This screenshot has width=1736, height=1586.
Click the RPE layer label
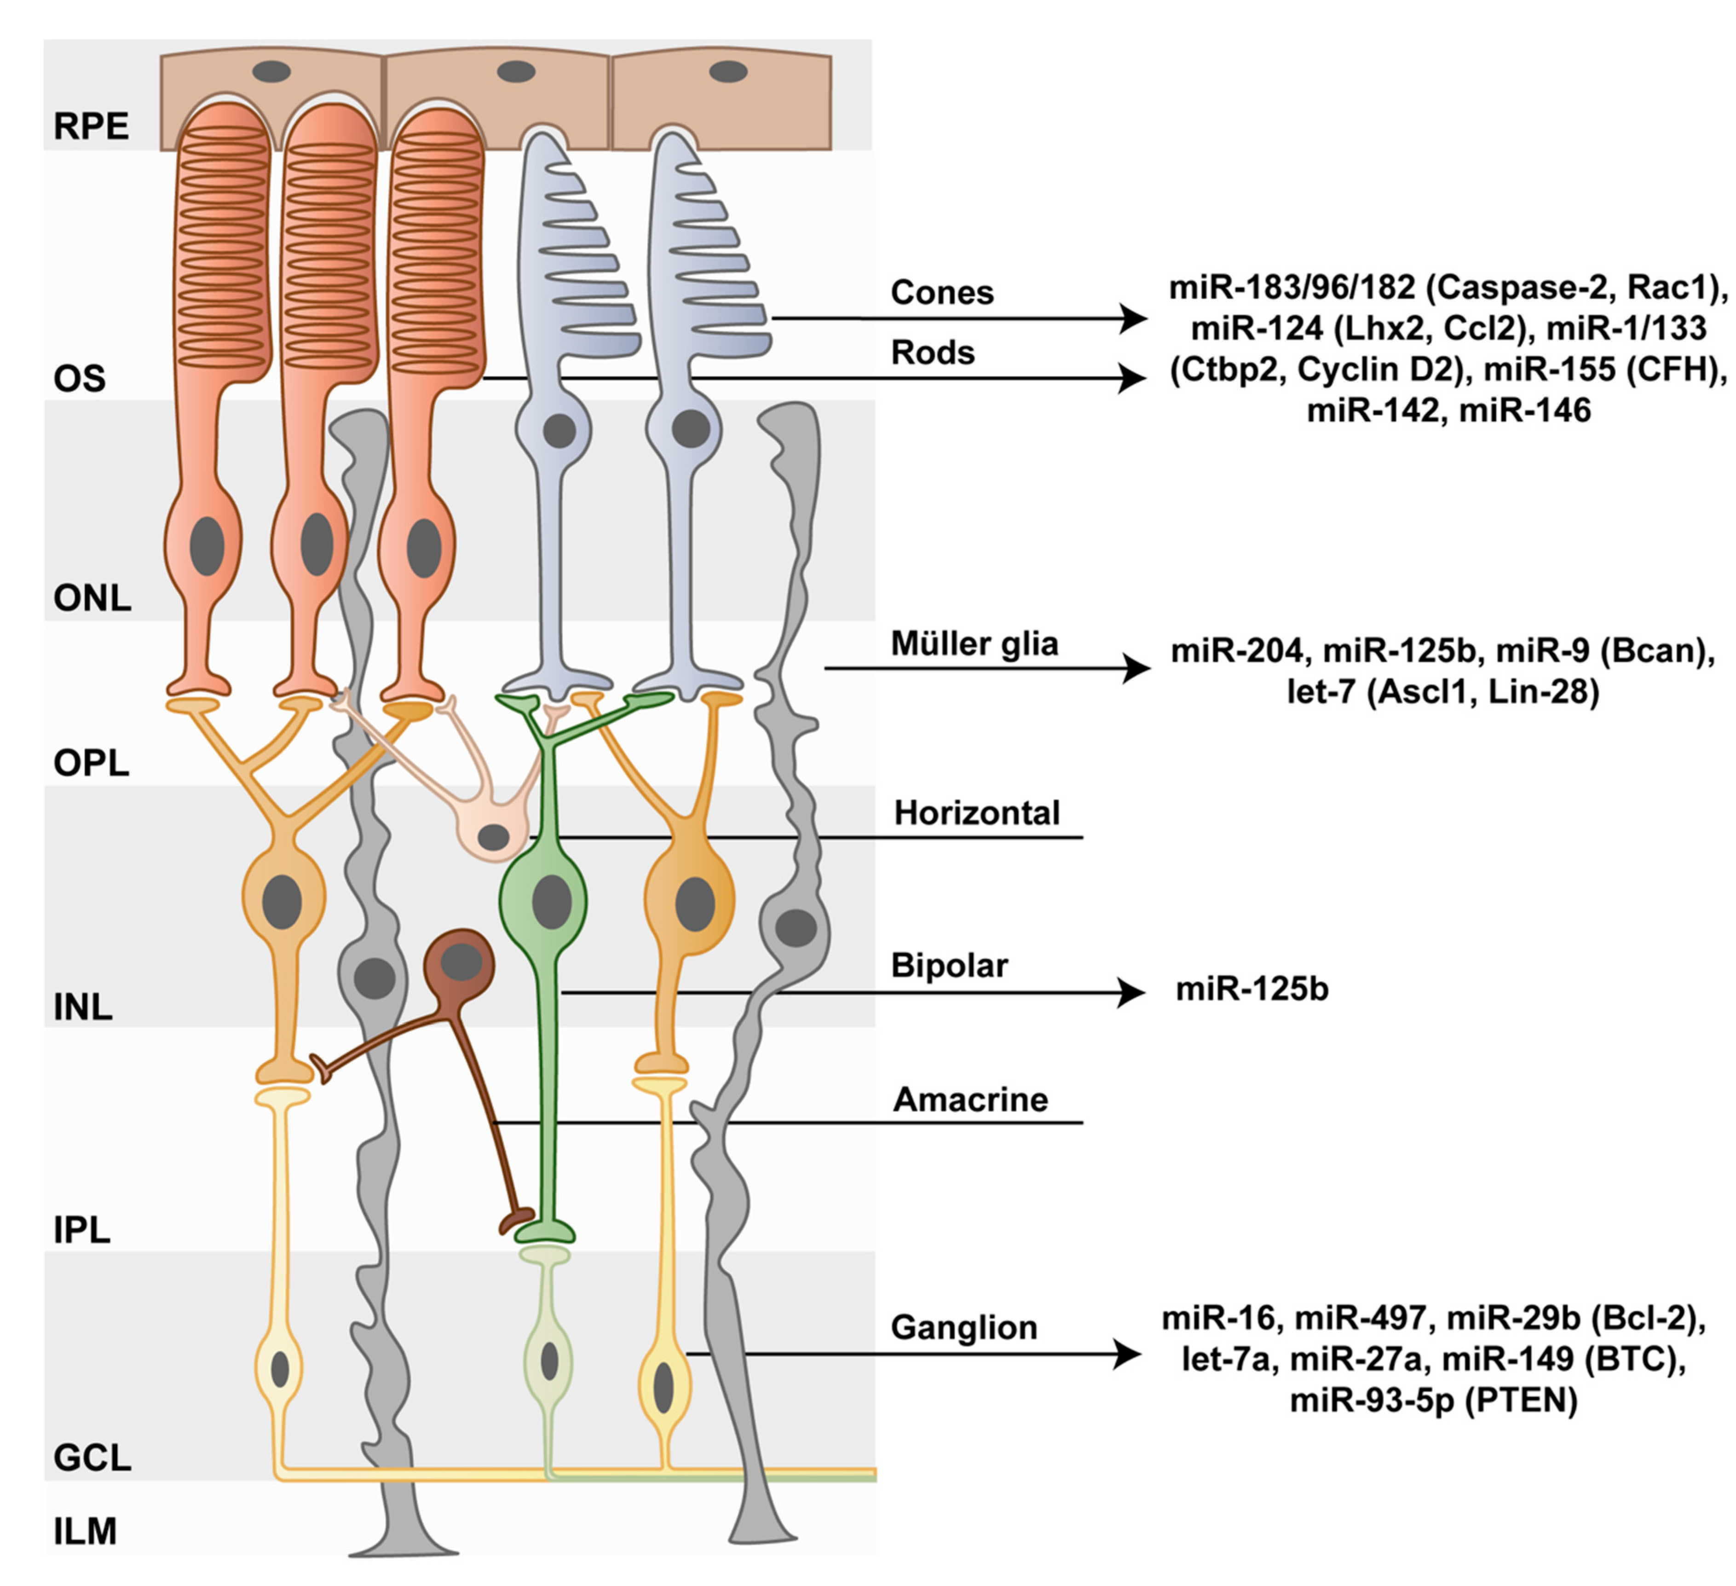point(91,127)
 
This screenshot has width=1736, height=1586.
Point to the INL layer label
point(83,1006)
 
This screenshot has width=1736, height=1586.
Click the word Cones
point(941,293)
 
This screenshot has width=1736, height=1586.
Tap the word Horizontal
point(976,812)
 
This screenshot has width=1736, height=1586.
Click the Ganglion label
point(963,1327)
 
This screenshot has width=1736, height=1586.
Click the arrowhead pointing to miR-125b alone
point(1133,992)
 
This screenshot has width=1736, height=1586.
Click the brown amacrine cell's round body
point(461,963)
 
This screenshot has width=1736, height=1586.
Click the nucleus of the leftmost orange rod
point(207,546)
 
